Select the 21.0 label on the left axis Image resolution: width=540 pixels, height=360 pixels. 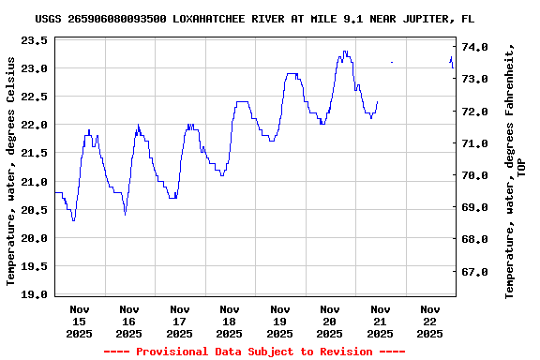point(34,181)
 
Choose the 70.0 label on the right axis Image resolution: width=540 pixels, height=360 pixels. point(475,175)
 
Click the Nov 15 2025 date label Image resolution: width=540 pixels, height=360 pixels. point(80,321)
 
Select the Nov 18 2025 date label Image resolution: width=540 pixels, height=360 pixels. point(230,321)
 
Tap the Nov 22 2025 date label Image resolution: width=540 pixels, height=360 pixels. point(429,321)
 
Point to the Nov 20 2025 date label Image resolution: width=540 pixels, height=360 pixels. point(329,321)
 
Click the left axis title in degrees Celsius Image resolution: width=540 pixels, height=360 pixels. point(11,171)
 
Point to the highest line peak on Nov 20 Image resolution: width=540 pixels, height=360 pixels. point(345,52)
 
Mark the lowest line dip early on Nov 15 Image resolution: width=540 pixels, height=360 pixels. point(73,219)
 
